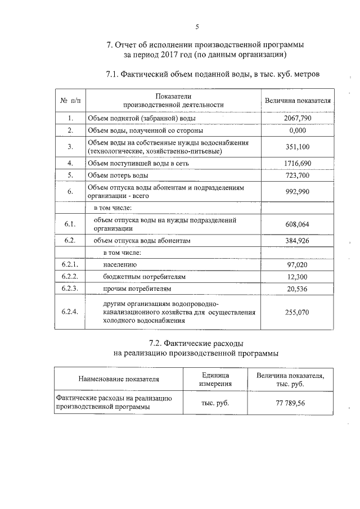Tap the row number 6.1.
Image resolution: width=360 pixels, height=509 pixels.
point(70,224)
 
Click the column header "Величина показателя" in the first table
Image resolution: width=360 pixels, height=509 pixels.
point(298,100)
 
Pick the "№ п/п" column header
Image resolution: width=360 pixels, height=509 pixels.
point(70,100)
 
